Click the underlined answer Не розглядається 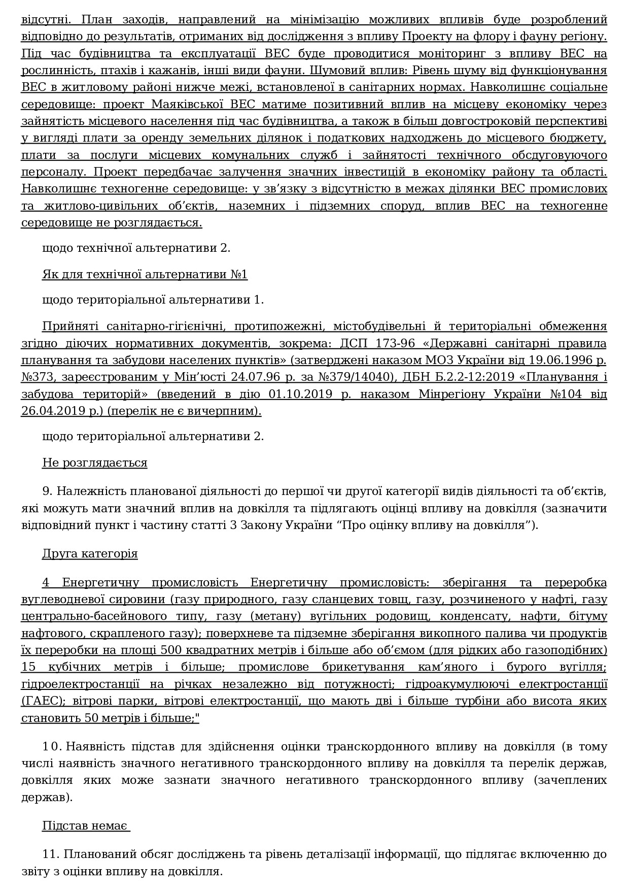[x=94, y=463]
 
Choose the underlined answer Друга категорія [x=90, y=553]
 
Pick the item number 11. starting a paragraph [x=51, y=854]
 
